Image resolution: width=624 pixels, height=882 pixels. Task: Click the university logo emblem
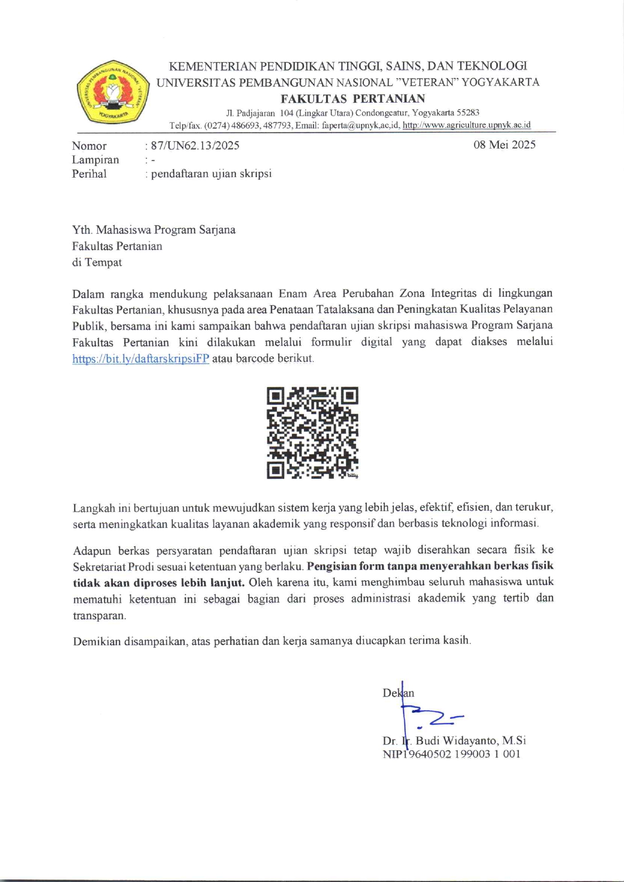point(113,92)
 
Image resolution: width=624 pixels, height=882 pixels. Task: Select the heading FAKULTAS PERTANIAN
point(352,99)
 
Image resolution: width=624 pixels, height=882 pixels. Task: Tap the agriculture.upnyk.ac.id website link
point(466,125)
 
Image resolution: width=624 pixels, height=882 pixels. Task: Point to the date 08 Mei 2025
point(504,145)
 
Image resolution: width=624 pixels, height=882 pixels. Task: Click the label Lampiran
point(95,160)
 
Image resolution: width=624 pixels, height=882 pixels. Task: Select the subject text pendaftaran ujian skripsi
point(211,174)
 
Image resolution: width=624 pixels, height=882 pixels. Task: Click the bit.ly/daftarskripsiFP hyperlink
point(140,359)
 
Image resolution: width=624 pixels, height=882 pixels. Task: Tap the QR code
point(312,433)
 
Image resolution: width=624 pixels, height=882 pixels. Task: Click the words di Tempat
point(97,262)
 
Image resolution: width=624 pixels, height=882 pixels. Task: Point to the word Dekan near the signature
point(398,693)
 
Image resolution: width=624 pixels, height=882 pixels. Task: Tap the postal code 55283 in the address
point(468,113)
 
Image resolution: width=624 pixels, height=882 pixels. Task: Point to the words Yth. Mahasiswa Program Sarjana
point(153,230)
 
